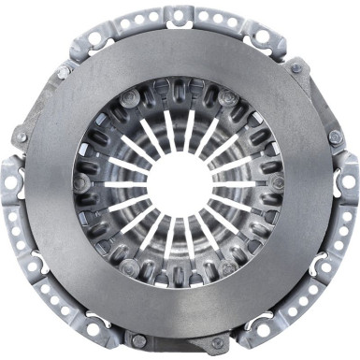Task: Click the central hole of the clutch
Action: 179,184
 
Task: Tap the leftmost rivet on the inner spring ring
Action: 82,182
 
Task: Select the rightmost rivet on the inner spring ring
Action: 278,182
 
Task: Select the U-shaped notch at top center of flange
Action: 180,14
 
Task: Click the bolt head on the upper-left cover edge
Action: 64,71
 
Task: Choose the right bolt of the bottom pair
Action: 221,339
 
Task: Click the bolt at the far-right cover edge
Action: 336,137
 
